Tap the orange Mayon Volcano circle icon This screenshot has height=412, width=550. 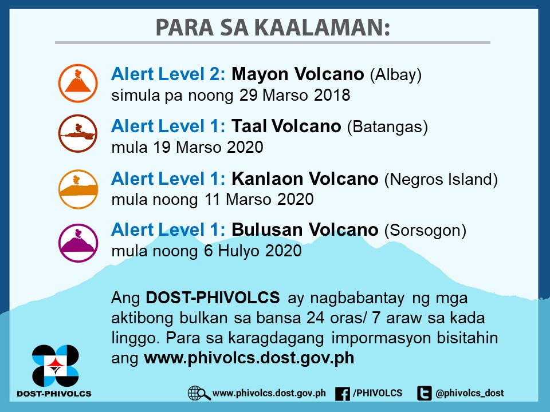coord(78,84)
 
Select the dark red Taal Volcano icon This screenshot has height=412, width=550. coord(78,134)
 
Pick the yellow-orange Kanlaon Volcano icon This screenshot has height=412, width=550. coord(78,189)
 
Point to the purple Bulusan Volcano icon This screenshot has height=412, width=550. coord(78,242)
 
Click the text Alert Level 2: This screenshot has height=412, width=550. coord(169,74)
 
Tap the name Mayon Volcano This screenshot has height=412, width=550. coord(298,74)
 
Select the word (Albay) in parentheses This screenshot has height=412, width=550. coord(396,74)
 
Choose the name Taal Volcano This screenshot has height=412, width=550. coord(286,126)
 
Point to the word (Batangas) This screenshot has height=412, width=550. coord(388,126)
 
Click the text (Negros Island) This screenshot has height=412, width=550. coord(441,179)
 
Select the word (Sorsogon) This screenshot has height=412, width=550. coord(426,230)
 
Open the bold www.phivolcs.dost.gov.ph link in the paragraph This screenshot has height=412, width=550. coord(249,358)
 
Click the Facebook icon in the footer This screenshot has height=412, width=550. coord(342,393)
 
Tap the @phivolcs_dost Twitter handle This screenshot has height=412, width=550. coord(470,393)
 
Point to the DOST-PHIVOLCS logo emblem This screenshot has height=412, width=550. coord(55,365)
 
